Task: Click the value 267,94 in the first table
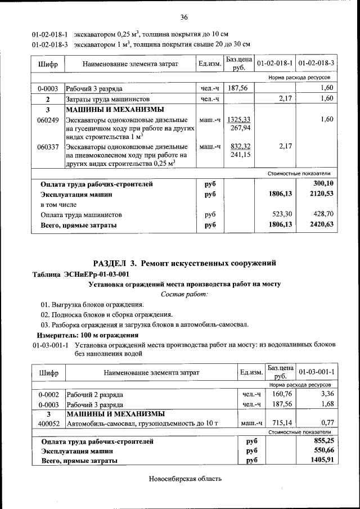tap(241, 128)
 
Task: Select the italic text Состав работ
tap(184, 294)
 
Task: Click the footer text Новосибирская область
tap(185, 479)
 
